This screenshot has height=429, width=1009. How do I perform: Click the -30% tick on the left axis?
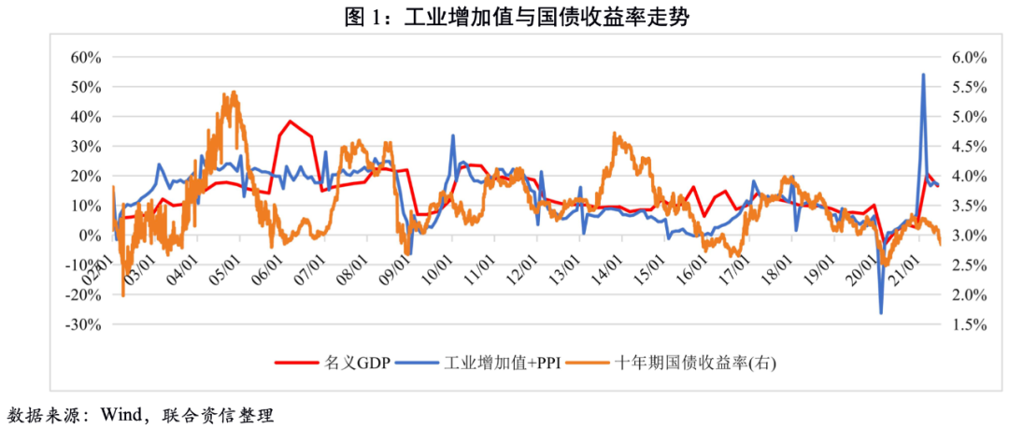pos(82,324)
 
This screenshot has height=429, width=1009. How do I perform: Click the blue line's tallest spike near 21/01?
pos(923,75)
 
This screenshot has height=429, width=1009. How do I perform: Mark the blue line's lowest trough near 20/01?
pos(880,312)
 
